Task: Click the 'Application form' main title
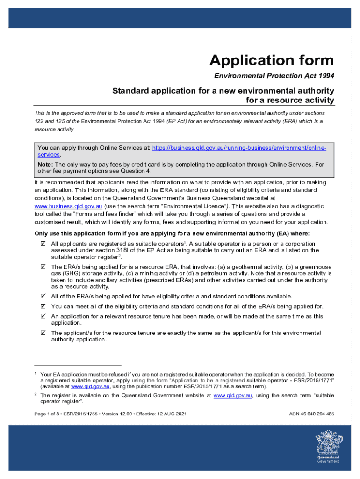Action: point(272,60)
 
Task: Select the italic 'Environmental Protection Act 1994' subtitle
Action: point(274,76)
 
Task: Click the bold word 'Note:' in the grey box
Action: point(45,165)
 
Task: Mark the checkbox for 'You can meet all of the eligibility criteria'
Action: point(43,306)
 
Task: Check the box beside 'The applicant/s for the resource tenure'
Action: point(43,333)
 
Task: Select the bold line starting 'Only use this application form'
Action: point(172,234)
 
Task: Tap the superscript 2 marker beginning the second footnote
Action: point(36,394)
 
